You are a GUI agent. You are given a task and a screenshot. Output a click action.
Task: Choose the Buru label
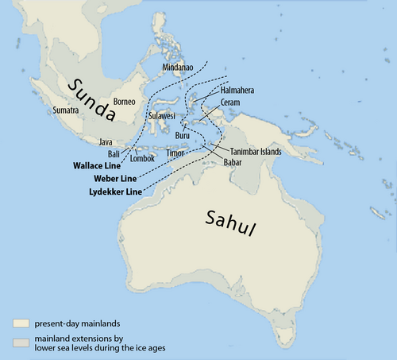[183, 136]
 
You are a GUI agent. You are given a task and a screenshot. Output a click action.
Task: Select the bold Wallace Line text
[101, 165]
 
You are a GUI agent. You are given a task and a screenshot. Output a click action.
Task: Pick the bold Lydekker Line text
[111, 192]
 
